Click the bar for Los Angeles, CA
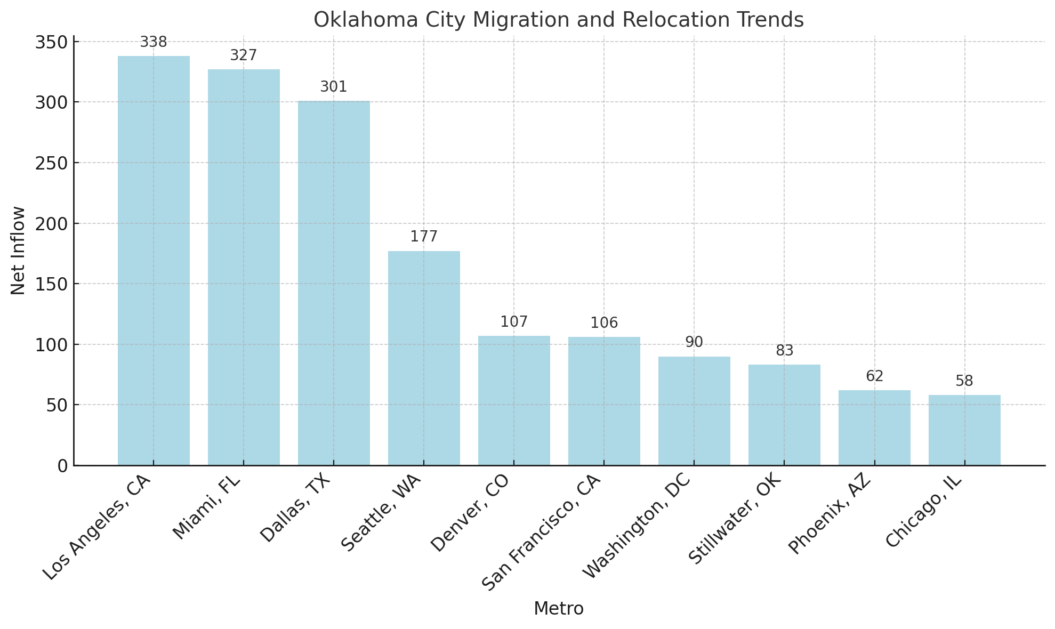pyautogui.click(x=154, y=261)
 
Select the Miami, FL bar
pyautogui.click(x=244, y=267)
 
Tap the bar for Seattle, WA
pyautogui.click(x=424, y=358)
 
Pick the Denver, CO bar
pyautogui.click(x=514, y=400)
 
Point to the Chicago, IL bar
pyautogui.click(x=964, y=430)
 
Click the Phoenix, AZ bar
pyautogui.click(x=874, y=428)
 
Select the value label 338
pyautogui.click(x=154, y=42)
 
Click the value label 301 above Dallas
pyautogui.click(x=334, y=87)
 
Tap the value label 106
pyautogui.click(x=604, y=323)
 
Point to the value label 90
pyautogui.click(x=694, y=342)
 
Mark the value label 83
pyautogui.click(x=784, y=351)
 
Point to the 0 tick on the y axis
pyautogui.click(x=62, y=466)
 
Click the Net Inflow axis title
pyautogui.click(x=18, y=250)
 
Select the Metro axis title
pyautogui.click(x=558, y=609)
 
